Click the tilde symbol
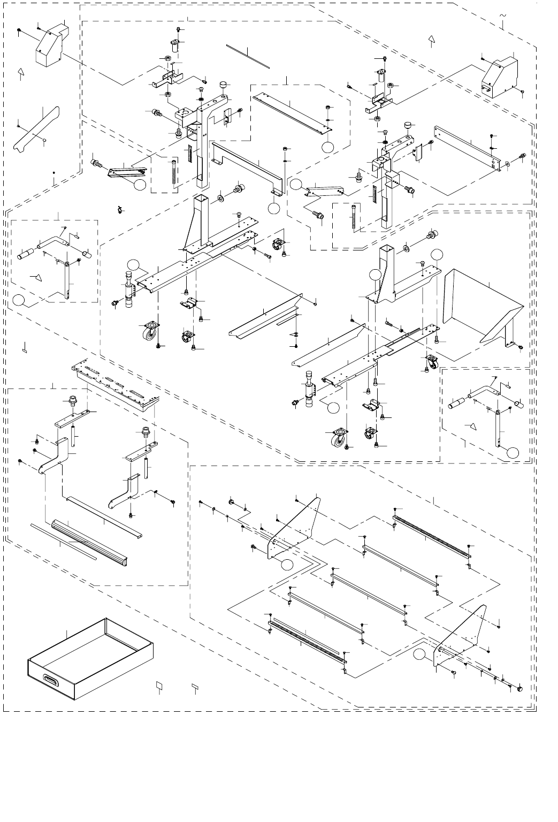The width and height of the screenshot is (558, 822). (x=503, y=16)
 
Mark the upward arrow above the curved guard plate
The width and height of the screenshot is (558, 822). (x=21, y=73)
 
